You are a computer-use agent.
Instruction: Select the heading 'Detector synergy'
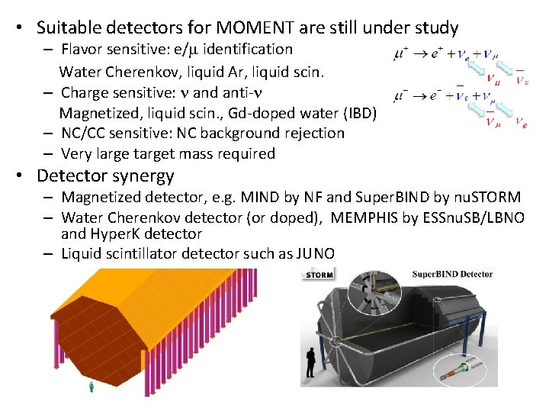[105, 175]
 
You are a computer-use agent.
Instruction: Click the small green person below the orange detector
[91, 388]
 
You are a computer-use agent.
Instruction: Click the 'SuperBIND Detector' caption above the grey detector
[453, 275]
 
